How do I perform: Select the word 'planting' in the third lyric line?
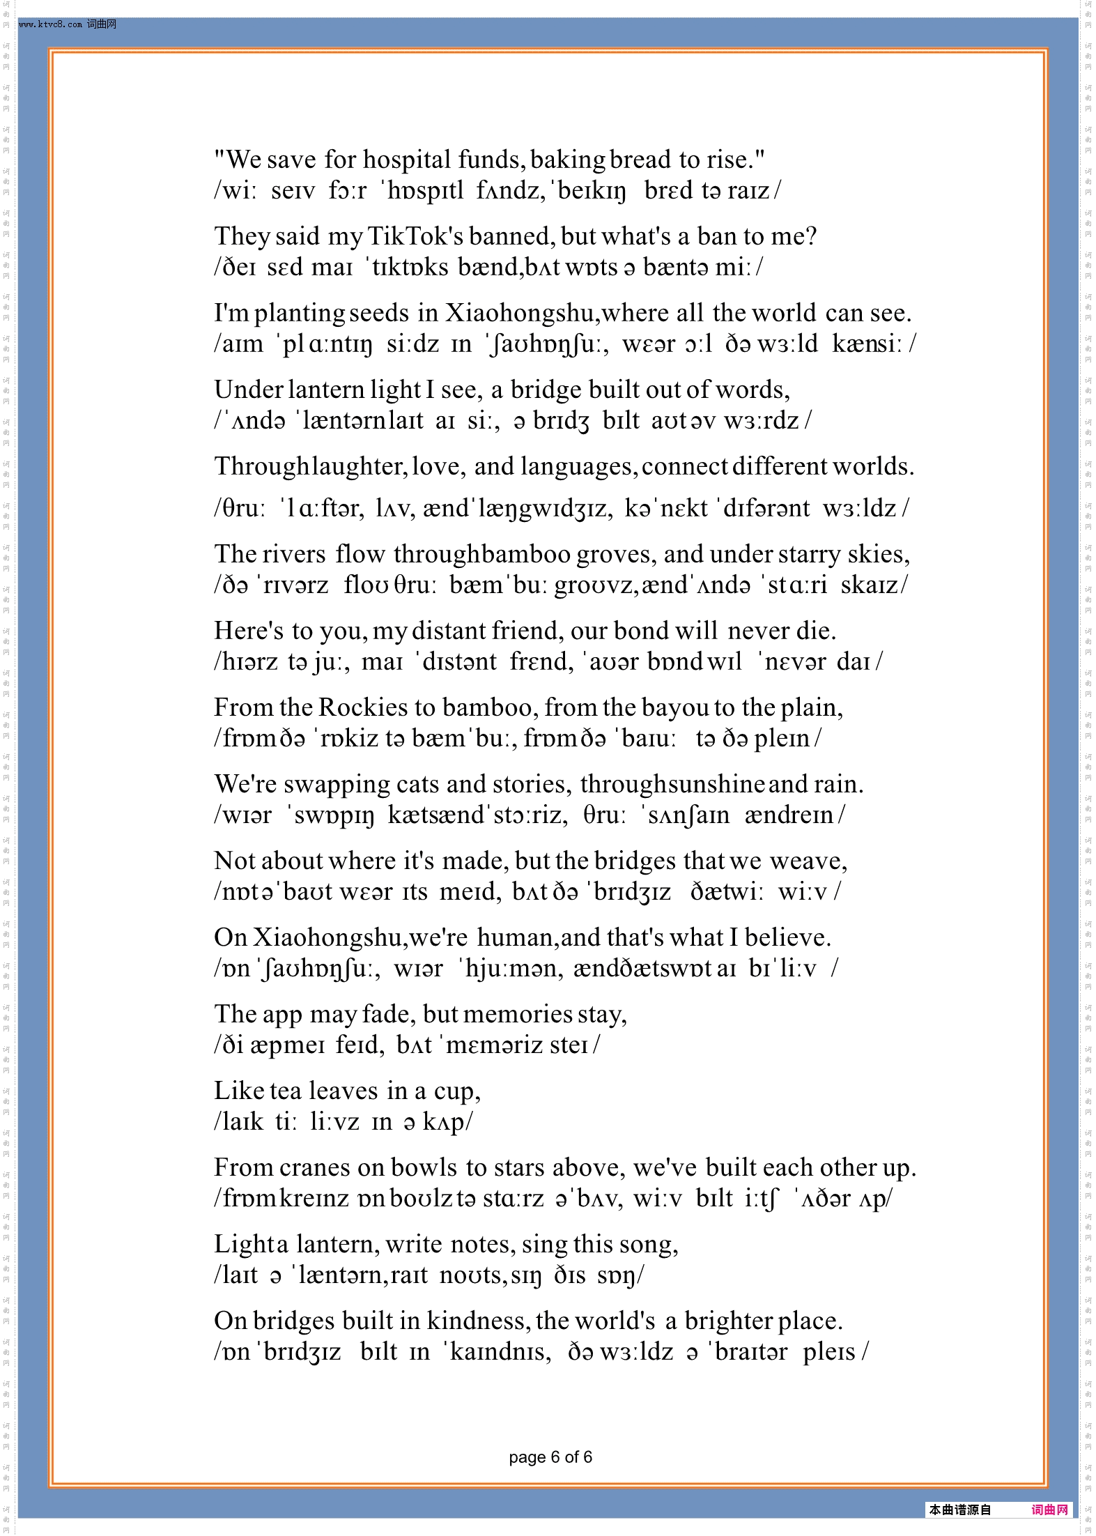(299, 314)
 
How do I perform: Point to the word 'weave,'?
(808, 861)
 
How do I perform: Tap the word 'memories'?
(517, 1015)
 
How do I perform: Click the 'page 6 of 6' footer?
(550, 1457)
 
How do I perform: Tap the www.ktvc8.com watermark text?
(52, 24)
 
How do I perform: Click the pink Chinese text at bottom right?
(1049, 1510)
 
